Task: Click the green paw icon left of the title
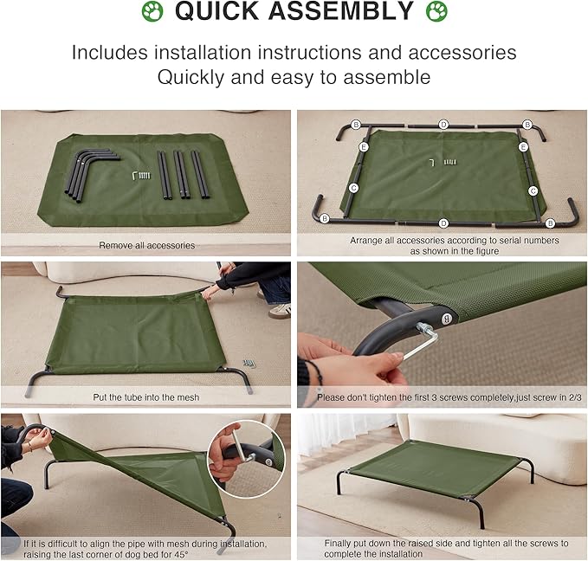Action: [152, 12]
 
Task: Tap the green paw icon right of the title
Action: [436, 12]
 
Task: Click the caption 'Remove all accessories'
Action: [146, 246]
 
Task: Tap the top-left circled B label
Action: [356, 125]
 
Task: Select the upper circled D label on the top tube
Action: [443, 125]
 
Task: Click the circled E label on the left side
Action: [364, 148]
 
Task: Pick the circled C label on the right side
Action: [533, 190]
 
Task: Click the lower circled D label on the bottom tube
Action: [443, 223]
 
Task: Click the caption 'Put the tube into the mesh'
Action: [146, 397]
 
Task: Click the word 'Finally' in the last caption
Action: [340, 543]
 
